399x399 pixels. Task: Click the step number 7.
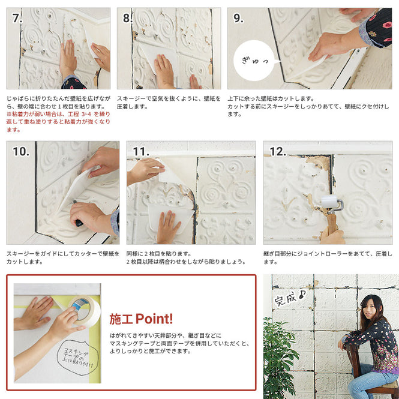(17, 18)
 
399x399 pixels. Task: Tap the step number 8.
(128, 18)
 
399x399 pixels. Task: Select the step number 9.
(239, 18)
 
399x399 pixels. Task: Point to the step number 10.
(20, 151)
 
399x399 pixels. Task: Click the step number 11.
(140, 151)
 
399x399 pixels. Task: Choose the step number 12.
(278, 151)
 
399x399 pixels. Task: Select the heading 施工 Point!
(141, 319)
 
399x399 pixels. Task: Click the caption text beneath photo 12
(327, 257)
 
